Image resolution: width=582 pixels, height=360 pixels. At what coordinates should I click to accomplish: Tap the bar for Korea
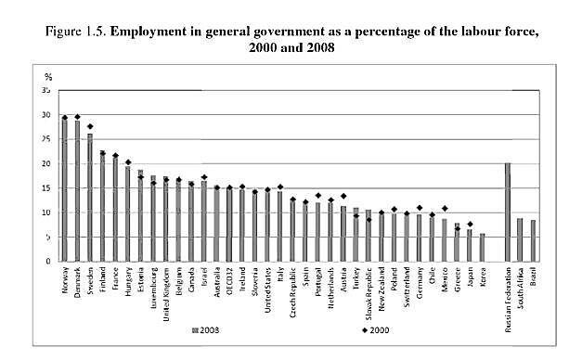coord(481,248)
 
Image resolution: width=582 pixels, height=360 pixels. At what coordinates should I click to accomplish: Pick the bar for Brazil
coord(532,241)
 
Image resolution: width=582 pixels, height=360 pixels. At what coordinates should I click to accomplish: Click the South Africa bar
coord(519,240)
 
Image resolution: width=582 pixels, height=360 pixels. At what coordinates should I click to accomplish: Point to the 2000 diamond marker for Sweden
coord(90,127)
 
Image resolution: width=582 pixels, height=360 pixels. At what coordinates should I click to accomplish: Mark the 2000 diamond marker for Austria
coord(343,197)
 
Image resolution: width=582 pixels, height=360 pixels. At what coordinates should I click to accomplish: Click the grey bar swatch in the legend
coord(192,330)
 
